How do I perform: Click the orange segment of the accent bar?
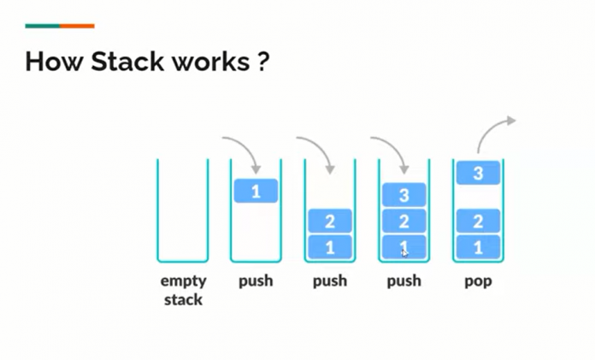pos(77,26)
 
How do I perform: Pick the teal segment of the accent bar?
pos(43,26)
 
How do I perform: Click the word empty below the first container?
pos(183,280)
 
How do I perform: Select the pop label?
pos(478,280)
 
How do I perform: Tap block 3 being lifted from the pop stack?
pos(478,174)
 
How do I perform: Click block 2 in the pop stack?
pos(478,222)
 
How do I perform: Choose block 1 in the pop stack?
pos(478,247)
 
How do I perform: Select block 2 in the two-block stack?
pos(330,222)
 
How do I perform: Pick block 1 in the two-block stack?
pos(330,247)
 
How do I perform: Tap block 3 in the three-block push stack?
pos(404,195)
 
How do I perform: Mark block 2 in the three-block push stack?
pos(404,222)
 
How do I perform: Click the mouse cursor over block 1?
pos(404,251)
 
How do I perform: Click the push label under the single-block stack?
pos(256,280)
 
